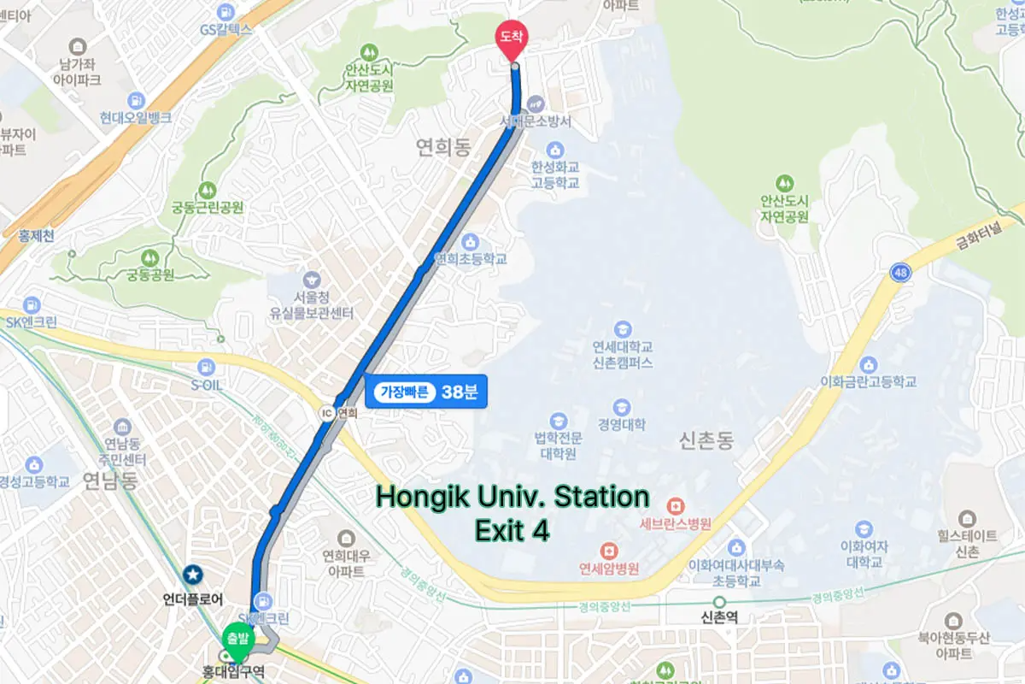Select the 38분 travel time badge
point(425,392)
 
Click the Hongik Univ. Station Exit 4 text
point(512,513)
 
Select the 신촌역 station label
point(717,617)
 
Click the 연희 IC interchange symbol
point(325,413)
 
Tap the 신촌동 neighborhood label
point(706,441)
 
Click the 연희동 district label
point(444,148)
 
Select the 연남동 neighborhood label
point(110,481)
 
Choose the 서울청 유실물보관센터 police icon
point(311,279)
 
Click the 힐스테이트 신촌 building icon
point(967,518)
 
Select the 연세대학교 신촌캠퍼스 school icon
point(623,329)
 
